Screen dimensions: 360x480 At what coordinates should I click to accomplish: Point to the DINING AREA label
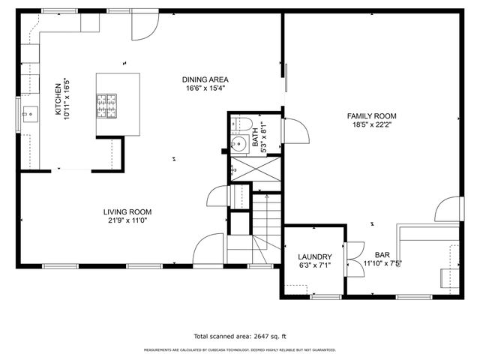coord(205,79)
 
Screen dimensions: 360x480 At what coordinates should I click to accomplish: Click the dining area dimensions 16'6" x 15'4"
coord(205,88)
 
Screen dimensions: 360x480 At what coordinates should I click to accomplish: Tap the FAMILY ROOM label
coord(371,115)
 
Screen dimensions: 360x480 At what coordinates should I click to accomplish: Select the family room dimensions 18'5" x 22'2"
coord(371,124)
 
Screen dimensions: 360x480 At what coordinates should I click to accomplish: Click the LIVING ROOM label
coord(130,212)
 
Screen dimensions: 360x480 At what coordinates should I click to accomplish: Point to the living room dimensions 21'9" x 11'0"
coord(130,220)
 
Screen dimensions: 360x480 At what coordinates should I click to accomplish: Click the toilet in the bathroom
coord(241,123)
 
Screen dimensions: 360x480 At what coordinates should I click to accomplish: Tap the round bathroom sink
coord(241,145)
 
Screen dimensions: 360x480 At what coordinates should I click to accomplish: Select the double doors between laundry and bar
coord(347,259)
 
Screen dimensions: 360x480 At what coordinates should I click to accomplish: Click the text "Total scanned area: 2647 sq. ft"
coord(240,337)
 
